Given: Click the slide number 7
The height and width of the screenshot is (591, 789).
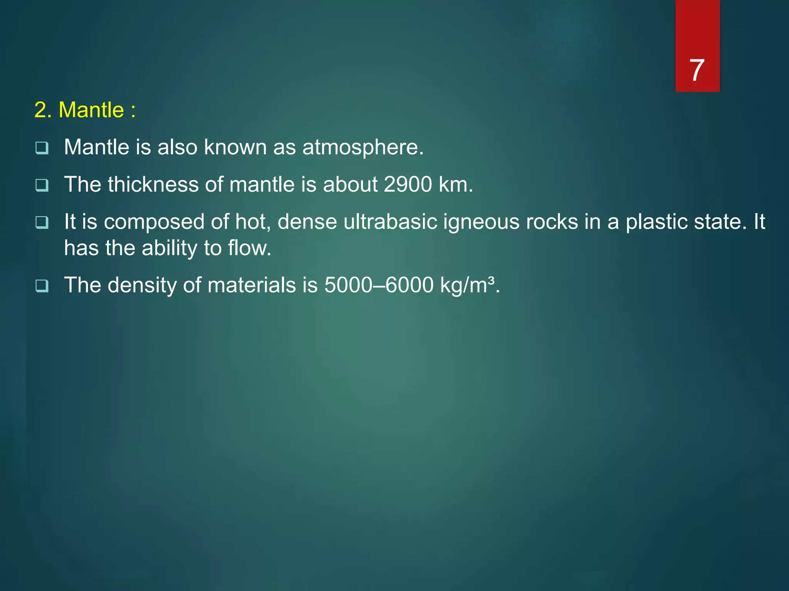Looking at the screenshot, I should (697, 71).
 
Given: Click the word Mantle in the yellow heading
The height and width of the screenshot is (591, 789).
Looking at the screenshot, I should (91, 110).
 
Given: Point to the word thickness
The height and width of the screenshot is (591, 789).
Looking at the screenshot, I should (153, 184).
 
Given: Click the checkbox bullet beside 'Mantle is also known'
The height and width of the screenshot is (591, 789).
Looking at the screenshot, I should (42, 148).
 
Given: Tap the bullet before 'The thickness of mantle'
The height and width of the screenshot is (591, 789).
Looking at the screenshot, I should (42, 185).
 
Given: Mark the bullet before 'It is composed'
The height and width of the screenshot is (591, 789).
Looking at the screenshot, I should (42, 222).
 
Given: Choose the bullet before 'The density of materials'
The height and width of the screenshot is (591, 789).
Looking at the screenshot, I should (42, 286).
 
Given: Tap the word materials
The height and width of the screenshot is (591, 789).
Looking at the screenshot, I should (252, 285).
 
